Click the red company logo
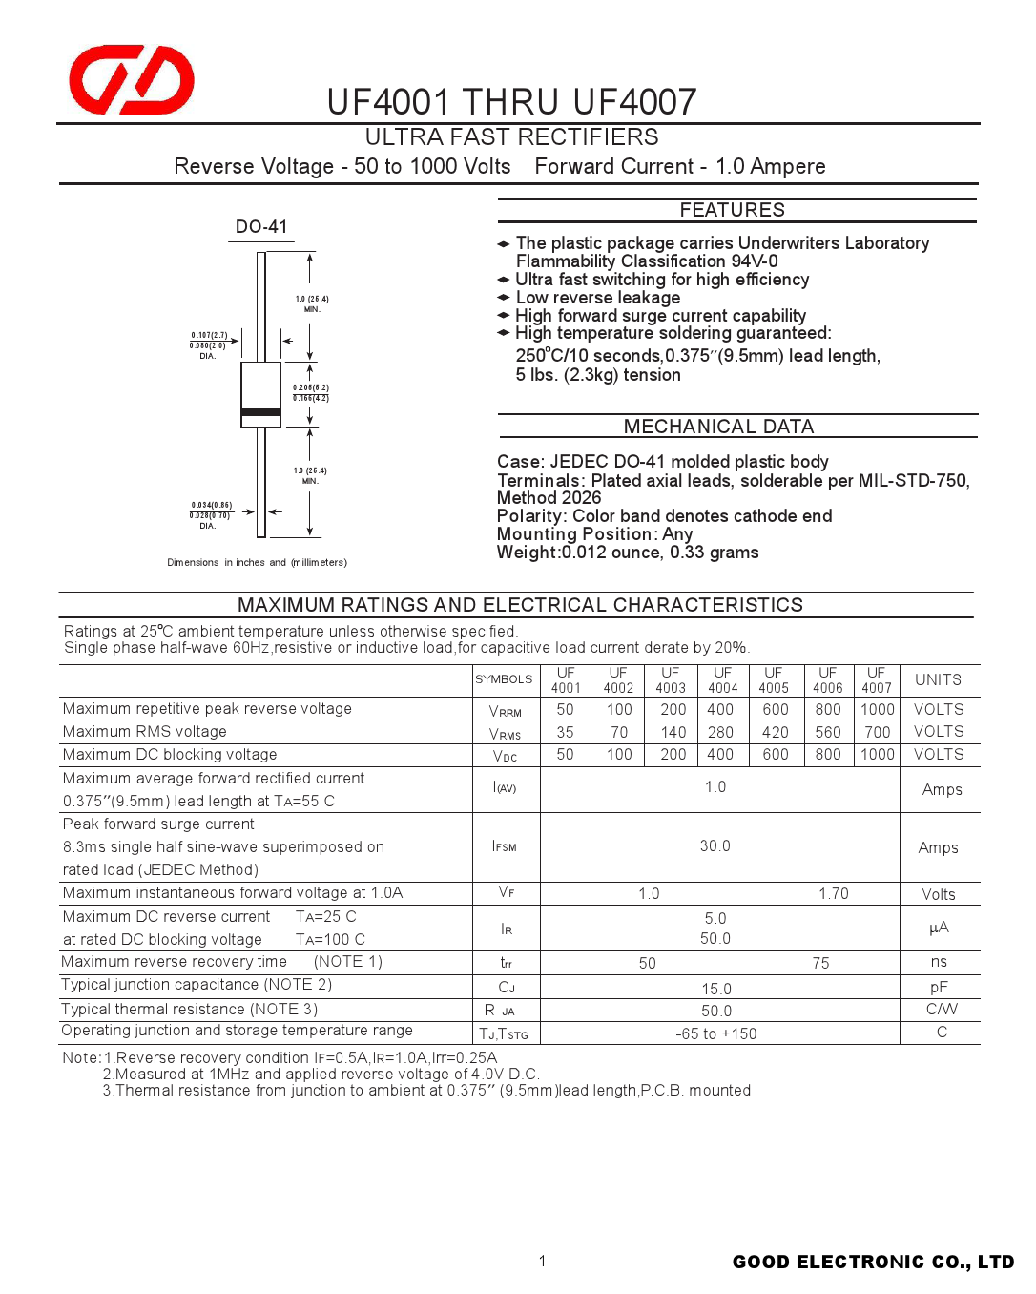click(132, 79)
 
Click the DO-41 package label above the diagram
click(261, 227)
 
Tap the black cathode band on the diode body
click(260, 412)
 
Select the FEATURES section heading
click(732, 210)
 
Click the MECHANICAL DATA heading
click(718, 427)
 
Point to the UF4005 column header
click(774, 680)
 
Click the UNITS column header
click(938, 680)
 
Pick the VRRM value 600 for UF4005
click(776, 710)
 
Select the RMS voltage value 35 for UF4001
click(566, 733)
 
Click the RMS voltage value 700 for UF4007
click(877, 733)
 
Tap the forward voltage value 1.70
click(833, 894)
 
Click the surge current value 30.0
click(715, 846)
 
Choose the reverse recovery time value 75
click(820, 964)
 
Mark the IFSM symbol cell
click(505, 847)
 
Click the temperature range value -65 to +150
click(715, 1034)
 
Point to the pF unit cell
click(939, 988)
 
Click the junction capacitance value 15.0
click(716, 990)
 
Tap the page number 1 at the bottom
click(542, 1262)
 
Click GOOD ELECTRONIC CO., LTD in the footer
click(873, 1263)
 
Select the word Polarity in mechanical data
click(529, 516)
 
